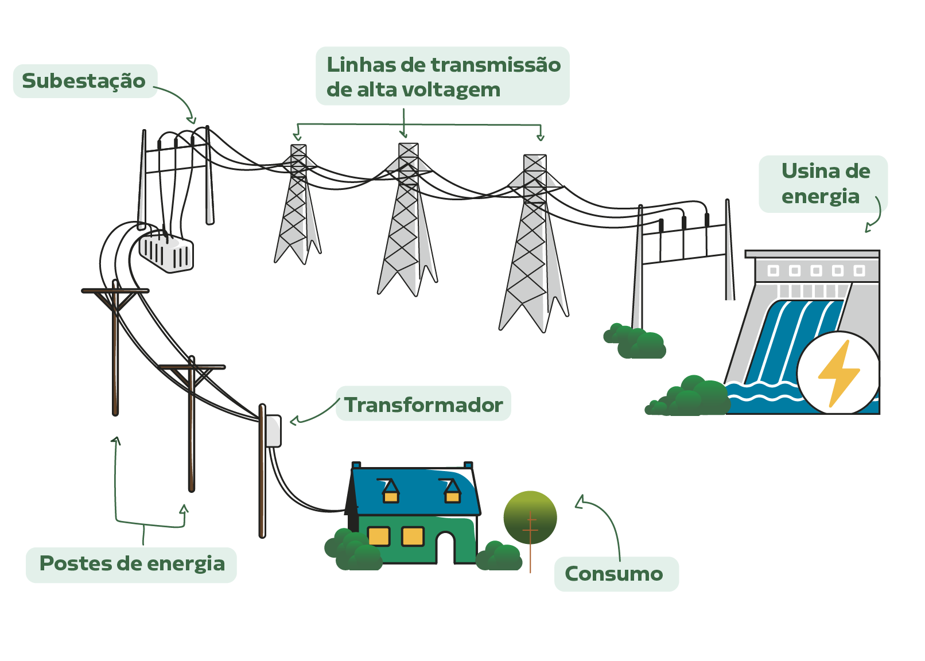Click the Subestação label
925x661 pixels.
(84, 81)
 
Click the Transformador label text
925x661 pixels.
(423, 405)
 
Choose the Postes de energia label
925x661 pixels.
(132, 564)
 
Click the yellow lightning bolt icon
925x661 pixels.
(838, 373)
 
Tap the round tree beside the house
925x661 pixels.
(530, 518)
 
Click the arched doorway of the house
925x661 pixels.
(445, 546)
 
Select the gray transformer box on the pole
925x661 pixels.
(273, 430)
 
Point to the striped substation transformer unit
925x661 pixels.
(166, 252)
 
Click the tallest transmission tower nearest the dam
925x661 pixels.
(534, 244)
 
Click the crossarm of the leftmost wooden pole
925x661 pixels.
(115, 291)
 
